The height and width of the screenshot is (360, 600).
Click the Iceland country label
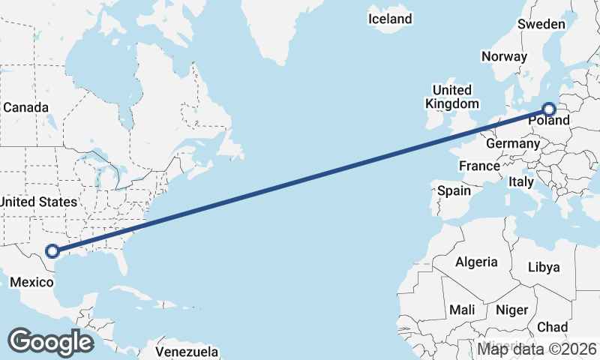click(x=390, y=19)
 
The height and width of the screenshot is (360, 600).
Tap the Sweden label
click(x=541, y=24)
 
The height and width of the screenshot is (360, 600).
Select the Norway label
click(x=505, y=56)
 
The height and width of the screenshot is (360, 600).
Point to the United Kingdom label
click(x=451, y=97)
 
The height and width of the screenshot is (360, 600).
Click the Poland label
click(x=549, y=121)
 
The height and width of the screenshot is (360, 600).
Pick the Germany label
click(x=513, y=143)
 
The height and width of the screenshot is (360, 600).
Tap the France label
click(x=479, y=166)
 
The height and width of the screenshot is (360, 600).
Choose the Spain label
click(x=454, y=190)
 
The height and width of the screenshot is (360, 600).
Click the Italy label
click(x=521, y=181)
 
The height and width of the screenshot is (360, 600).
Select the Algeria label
click(x=476, y=262)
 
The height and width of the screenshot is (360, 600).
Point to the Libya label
click(x=544, y=267)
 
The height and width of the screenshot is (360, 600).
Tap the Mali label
click(x=462, y=310)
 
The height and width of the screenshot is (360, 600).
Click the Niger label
click(x=512, y=310)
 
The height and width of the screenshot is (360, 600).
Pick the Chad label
click(x=552, y=328)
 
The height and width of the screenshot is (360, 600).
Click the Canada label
click(x=25, y=107)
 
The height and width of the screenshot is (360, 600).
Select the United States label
click(x=38, y=202)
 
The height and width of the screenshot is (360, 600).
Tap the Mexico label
click(x=32, y=282)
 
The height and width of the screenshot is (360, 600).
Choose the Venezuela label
click(x=187, y=351)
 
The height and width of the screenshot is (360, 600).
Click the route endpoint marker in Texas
click(x=52, y=251)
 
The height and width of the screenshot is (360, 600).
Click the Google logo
click(x=50, y=342)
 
